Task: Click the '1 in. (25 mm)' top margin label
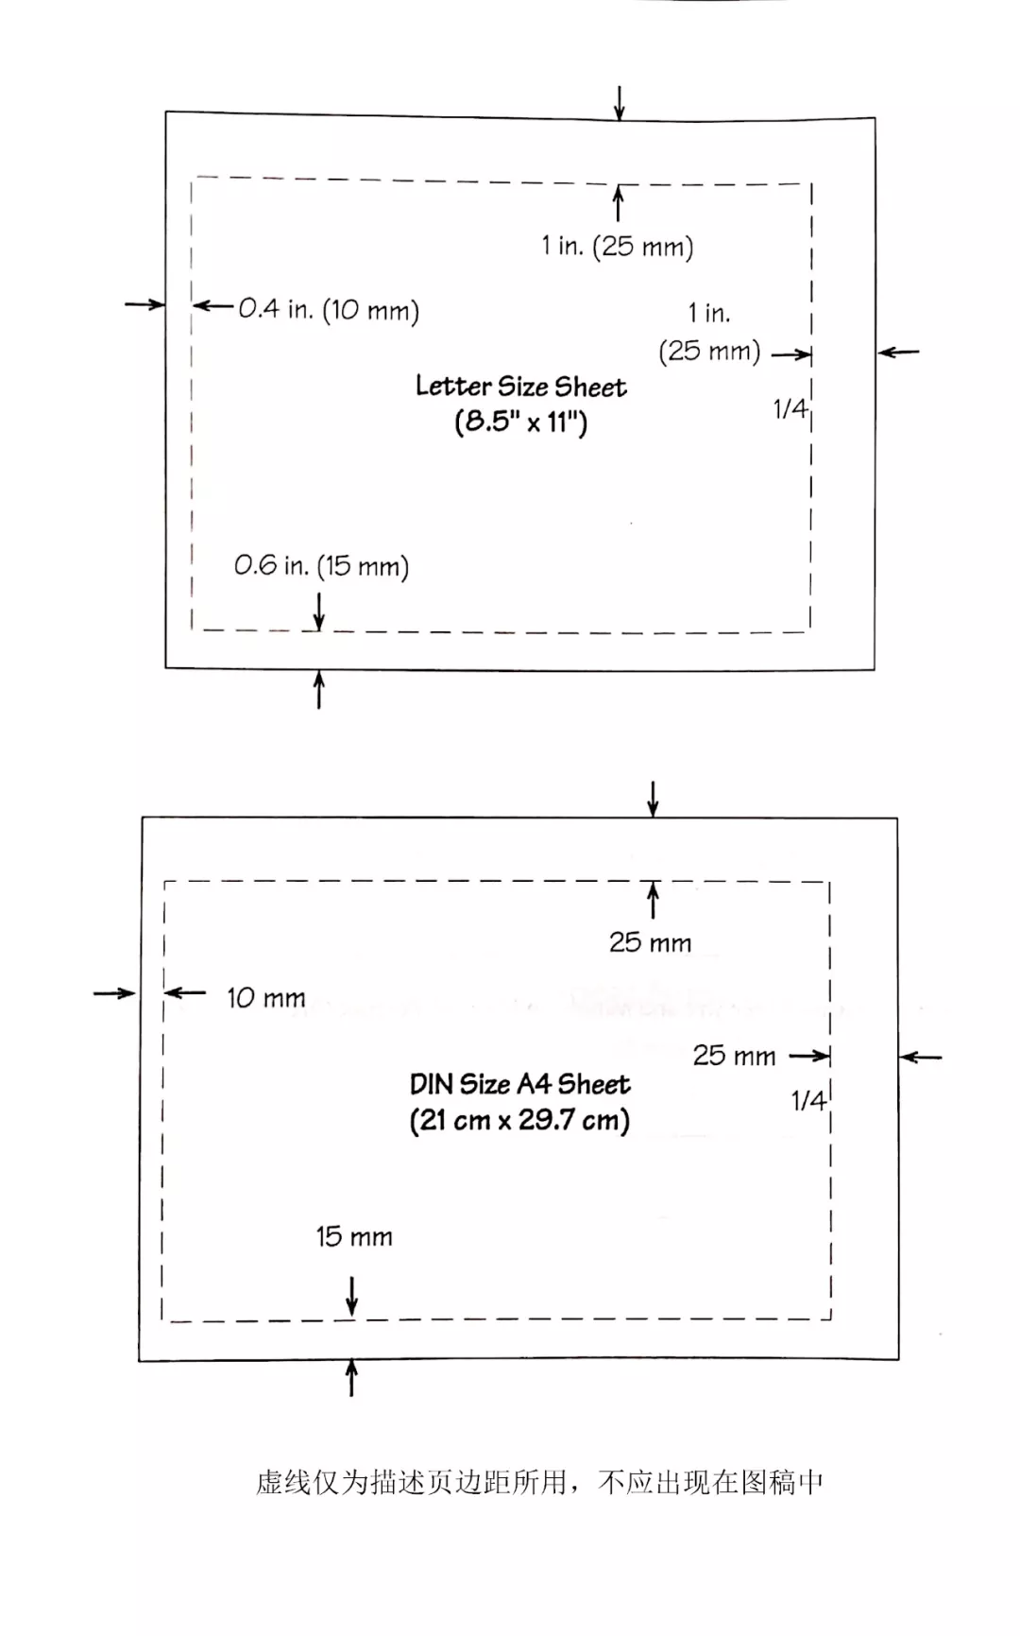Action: [x=618, y=247]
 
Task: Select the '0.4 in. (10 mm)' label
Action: [x=328, y=309]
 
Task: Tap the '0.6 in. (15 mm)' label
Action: [x=321, y=566]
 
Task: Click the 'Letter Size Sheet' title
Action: [x=520, y=387]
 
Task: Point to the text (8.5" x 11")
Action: [x=520, y=422]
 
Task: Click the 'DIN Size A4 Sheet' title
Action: [x=519, y=1084]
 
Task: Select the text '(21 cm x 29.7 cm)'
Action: [x=519, y=1121]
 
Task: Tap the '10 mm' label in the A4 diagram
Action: [x=266, y=998]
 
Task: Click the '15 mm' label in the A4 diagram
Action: [x=354, y=1236]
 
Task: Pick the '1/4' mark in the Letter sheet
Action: [x=790, y=408]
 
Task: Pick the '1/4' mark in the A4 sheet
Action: [x=808, y=1100]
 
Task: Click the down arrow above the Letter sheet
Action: [x=620, y=102]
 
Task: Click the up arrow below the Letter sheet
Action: [x=319, y=690]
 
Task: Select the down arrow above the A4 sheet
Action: [x=653, y=799]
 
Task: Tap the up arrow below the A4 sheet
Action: [x=352, y=1377]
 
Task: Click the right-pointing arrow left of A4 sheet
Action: [x=114, y=992]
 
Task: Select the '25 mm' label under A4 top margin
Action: [x=650, y=942]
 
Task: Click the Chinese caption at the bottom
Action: [x=539, y=1482]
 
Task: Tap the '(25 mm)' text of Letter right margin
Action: [x=709, y=352]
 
